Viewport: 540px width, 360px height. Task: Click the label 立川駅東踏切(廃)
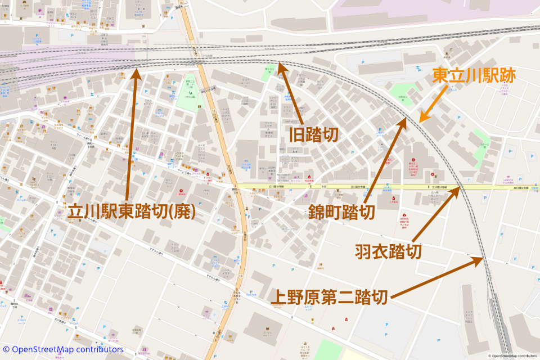[132, 211]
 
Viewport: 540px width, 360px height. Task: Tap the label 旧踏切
[314, 134]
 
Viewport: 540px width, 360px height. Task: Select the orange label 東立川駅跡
[474, 76]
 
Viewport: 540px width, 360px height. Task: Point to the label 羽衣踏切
[388, 251]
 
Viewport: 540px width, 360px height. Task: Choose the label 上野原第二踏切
[329, 296]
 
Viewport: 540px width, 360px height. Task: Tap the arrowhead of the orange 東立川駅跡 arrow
[420, 121]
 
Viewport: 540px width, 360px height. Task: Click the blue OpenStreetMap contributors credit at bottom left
[62, 349]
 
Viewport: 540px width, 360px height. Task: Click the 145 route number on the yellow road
[325, 186]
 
